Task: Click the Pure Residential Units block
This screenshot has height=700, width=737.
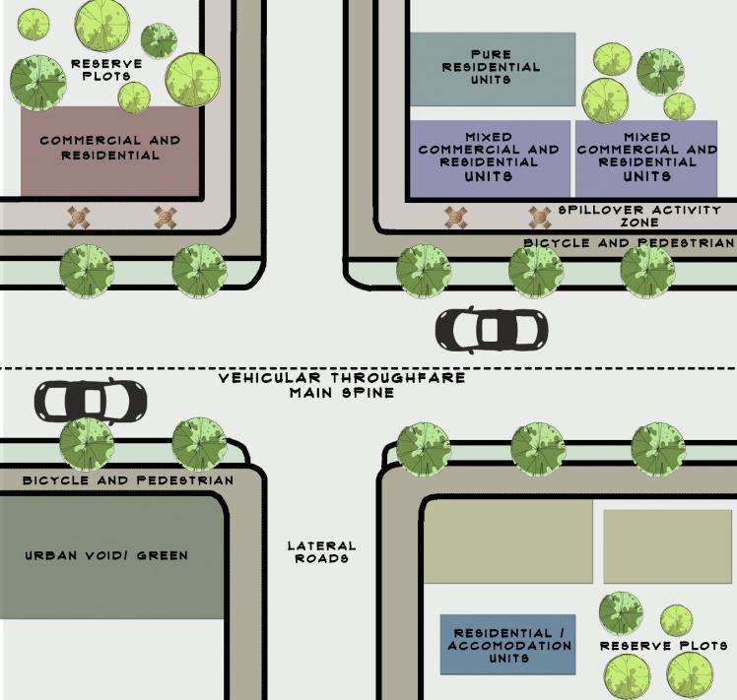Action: click(x=491, y=68)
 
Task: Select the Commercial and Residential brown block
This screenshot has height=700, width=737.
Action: click(x=109, y=150)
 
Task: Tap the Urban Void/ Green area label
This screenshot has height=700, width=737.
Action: click(x=106, y=555)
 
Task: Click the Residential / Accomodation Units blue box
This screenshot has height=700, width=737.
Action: click(x=508, y=646)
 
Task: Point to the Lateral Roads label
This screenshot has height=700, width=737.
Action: click(x=321, y=552)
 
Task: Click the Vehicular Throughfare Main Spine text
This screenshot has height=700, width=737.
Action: click(x=341, y=385)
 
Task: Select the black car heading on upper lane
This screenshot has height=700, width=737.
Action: click(x=490, y=330)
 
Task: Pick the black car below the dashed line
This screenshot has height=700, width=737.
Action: click(x=91, y=400)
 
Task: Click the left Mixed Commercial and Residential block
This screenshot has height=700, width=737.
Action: click(x=489, y=158)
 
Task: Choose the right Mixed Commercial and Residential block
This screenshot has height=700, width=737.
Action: click(x=646, y=158)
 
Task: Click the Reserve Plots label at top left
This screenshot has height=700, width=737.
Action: click(x=106, y=70)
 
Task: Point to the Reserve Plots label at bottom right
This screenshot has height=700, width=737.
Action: click(x=664, y=646)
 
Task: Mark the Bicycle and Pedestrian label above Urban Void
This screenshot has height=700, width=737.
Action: click(x=128, y=480)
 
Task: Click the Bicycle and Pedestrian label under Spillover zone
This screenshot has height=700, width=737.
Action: click(x=629, y=242)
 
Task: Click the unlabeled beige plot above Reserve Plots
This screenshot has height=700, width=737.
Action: click(x=667, y=546)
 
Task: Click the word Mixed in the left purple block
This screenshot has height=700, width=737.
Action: click(x=489, y=137)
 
